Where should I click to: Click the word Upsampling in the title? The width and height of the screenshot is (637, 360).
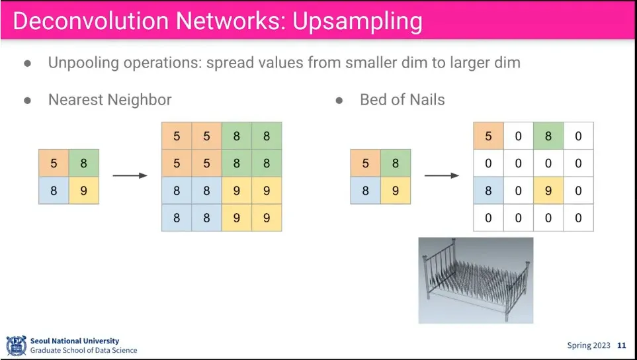tap(357, 22)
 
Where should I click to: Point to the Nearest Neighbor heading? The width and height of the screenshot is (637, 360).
tap(110, 100)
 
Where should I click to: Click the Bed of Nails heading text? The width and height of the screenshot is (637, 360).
tap(402, 100)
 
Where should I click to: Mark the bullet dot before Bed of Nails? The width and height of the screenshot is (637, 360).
tap(339, 101)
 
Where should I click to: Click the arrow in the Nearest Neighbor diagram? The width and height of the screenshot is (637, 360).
tap(130, 175)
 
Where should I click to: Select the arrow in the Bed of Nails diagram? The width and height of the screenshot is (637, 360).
tap(442, 175)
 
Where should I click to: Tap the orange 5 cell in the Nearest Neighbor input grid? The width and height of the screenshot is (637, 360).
tap(54, 163)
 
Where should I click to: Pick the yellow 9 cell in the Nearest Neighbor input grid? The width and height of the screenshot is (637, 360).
tap(84, 190)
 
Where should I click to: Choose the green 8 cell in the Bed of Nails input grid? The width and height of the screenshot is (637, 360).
tap(396, 163)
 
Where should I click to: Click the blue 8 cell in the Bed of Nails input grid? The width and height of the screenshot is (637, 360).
tap(366, 190)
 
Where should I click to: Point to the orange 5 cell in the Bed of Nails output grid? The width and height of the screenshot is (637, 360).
tap(488, 136)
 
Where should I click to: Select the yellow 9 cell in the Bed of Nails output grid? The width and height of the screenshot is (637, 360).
tap(548, 190)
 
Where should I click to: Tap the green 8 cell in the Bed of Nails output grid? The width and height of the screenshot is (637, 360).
tap(548, 136)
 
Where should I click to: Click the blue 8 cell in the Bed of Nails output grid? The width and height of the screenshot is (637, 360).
tap(488, 190)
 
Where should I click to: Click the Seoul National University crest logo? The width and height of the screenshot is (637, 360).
tap(17, 345)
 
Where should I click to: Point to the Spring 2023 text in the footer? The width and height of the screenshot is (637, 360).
tap(589, 345)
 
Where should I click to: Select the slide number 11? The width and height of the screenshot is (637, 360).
tap(622, 345)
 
